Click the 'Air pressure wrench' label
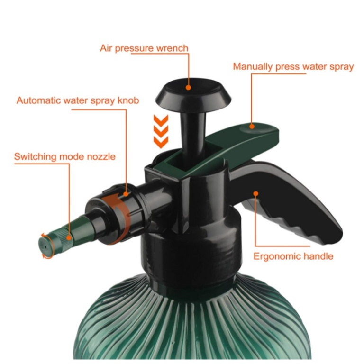[x=144, y=48]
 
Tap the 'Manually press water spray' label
[x=293, y=67]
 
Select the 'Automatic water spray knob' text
[x=78, y=100]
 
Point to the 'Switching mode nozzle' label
[x=65, y=157]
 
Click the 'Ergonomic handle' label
[x=293, y=256]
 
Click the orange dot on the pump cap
[x=188, y=88]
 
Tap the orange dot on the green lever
[x=252, y=127]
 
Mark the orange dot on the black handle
[x=256, y=193]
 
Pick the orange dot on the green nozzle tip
[x=69, y=238]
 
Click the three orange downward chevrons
[x=161, y=131]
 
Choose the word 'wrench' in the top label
[x=172, y=48]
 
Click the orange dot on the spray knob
[x=126, y=194]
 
